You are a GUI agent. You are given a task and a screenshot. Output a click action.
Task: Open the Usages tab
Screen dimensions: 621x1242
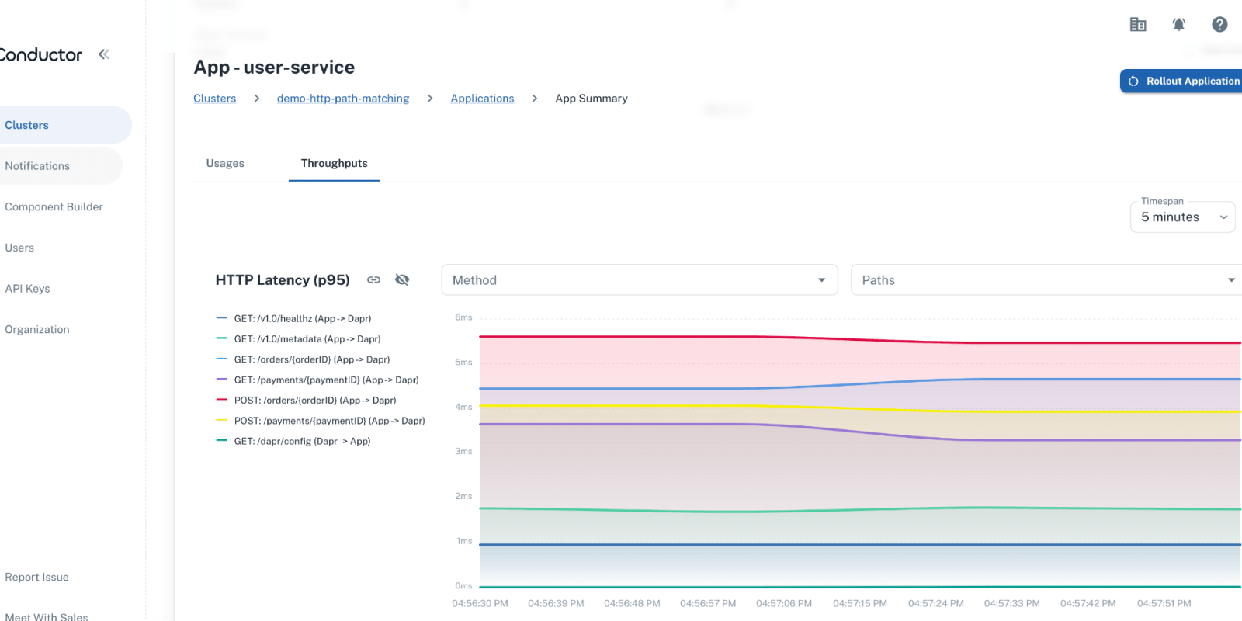pos(225,163)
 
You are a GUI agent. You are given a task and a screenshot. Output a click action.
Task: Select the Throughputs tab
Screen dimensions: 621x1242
pos(334,163)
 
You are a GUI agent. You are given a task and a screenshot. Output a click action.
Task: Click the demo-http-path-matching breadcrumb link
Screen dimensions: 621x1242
pos(343,99)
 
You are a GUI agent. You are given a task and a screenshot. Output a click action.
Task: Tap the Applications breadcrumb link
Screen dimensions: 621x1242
pos(482,99)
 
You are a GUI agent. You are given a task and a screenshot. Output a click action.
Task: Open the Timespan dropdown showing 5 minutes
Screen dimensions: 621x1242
pos(1181,217)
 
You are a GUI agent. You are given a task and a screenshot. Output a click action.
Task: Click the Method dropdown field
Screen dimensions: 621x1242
pos(639,280)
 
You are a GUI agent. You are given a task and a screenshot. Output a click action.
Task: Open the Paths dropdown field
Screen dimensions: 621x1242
pos(1046,280)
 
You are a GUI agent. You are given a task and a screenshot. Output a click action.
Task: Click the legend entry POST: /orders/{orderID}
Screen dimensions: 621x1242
pos(314,401)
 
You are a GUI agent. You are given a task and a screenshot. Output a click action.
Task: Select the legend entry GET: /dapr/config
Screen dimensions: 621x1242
pos(302,441)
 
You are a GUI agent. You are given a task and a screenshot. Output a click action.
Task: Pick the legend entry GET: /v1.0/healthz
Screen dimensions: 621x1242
pos(302,318)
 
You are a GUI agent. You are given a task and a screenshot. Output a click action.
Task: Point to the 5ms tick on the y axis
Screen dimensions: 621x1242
pos(463,363)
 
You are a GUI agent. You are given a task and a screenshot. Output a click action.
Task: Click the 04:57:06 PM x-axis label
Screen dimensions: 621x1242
pos(784,603)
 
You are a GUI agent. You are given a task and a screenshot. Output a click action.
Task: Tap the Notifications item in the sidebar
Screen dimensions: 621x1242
pos(37,166)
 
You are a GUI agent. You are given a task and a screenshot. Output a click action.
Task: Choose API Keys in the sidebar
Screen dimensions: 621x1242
pos(27,289)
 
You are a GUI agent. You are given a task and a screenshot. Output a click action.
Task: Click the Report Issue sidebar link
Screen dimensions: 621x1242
pos(36,577)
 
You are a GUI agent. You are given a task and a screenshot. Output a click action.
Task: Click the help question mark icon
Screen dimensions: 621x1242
pos(1219,25)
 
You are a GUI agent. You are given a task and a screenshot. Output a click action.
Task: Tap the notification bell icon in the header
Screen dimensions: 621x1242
pos(1178,25)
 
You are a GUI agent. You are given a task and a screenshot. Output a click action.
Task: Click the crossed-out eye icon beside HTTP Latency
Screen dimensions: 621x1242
pos(402,279)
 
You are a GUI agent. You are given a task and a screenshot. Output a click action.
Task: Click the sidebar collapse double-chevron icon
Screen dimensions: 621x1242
pos(104,54)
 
